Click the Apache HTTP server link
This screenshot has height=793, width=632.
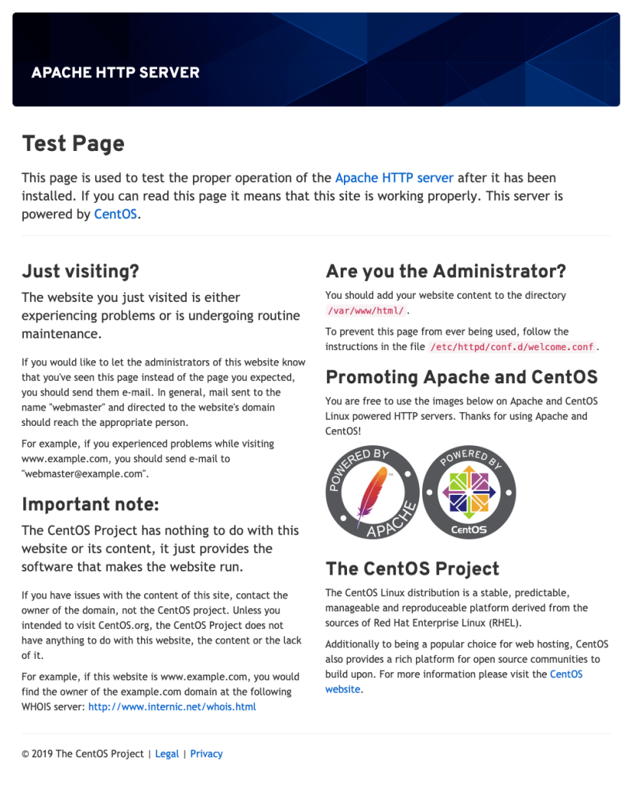pyautogui.click(x=394, y=177)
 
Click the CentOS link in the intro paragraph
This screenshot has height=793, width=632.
pyautogui.click(x=116, y=215)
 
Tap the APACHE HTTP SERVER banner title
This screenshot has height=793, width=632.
pyautogui.click(x=115, y=73)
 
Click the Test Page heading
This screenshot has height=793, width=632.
pyautogui.click(x=73, y=143)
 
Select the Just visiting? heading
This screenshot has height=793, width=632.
pyautogui.click(x=81, y=271)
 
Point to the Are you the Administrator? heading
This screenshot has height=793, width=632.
pyautogui.click(x=445, y=271)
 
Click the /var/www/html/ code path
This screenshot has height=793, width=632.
pyautogui.click(x=366, y=311)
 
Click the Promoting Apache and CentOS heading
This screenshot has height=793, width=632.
pyautogui.click(x=461, y=377)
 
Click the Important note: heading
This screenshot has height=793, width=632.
pyautogui.click(x=90, y=504)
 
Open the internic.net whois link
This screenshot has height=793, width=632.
pyautogui.click(x=172, y=706)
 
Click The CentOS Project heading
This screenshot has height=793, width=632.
pyautogui.click(x=412, y=569)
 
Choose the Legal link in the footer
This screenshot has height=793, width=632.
pyautogui.click(x=167, y=754)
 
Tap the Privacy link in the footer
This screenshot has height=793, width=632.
pyautogui.click(x=206, y=754)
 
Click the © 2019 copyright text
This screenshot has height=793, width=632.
pyautogui.click(x=82, y=754)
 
